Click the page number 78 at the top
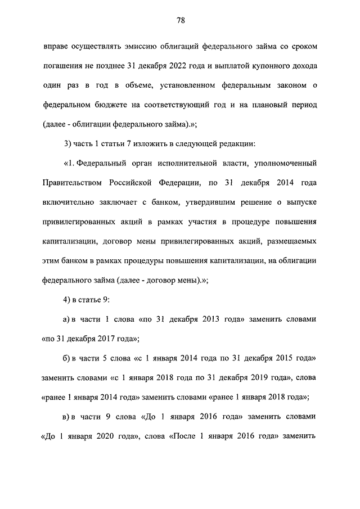click(x=180, y=21)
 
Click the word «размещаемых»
click(x=289, y=241)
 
